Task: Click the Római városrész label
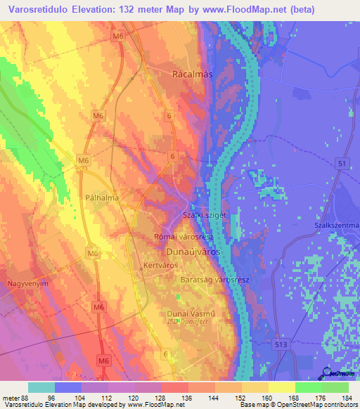pyautogui.click(x=188, y=238)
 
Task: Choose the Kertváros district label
pyautogui.click(x=160, y=266)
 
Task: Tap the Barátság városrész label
pyautogui.click(x=214, y=280)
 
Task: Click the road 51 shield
pyautogui.click(x=342, y=164)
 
